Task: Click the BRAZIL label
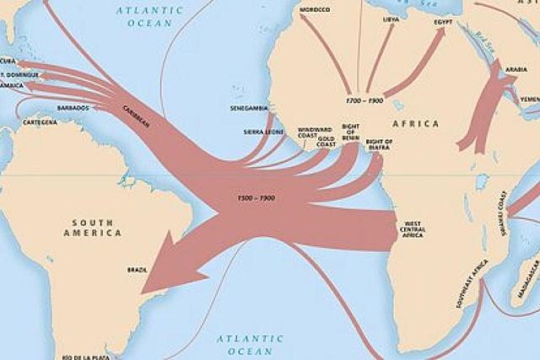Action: (x=137, y=270)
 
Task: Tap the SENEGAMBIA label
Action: (x=249, y=109)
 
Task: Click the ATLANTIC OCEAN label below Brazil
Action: (x=246, y=344)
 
